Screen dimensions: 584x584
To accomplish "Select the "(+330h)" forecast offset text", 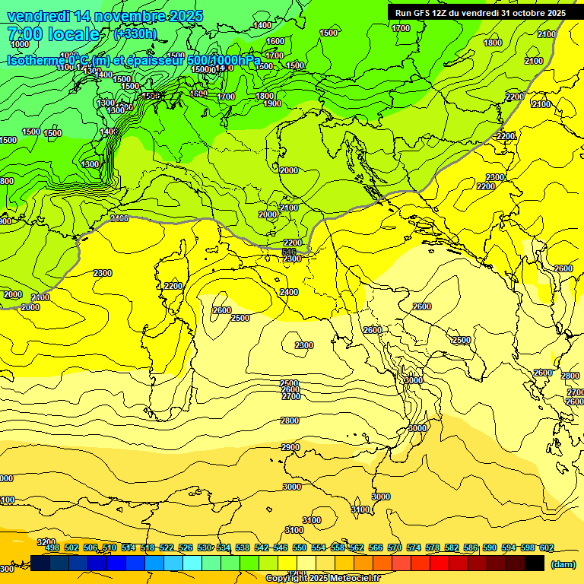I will [135, 34].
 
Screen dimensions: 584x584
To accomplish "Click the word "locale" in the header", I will [73, 34].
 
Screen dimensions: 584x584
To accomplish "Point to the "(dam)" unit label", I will [563, 564].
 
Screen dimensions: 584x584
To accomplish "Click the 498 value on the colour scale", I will [52, 547].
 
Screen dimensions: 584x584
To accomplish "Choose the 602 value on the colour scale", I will [546, 547].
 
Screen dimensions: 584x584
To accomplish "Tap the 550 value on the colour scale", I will [300, 547].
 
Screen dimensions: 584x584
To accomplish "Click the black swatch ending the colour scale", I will [535, 563].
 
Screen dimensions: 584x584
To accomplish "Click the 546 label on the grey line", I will [289, 251].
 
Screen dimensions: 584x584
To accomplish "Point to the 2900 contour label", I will [290, 447].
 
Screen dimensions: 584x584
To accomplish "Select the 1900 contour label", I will [272, 104].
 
